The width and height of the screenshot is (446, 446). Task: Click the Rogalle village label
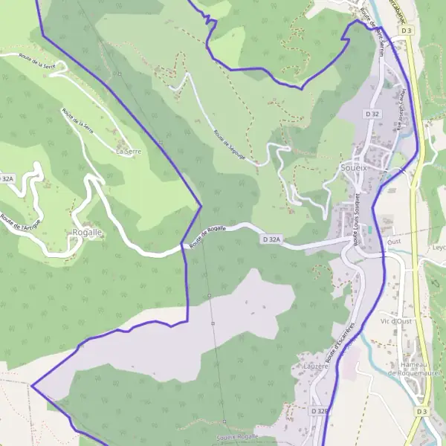tap(87, 233)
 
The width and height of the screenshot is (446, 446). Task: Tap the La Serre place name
tap(129, 151)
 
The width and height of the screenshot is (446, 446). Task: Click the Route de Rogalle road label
tap(207, 236)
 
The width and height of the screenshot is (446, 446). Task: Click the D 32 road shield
tap(372, 114)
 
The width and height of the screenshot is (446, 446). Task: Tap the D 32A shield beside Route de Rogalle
tap(272, 239)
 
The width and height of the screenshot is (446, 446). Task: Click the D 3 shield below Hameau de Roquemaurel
tap(422, 411)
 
